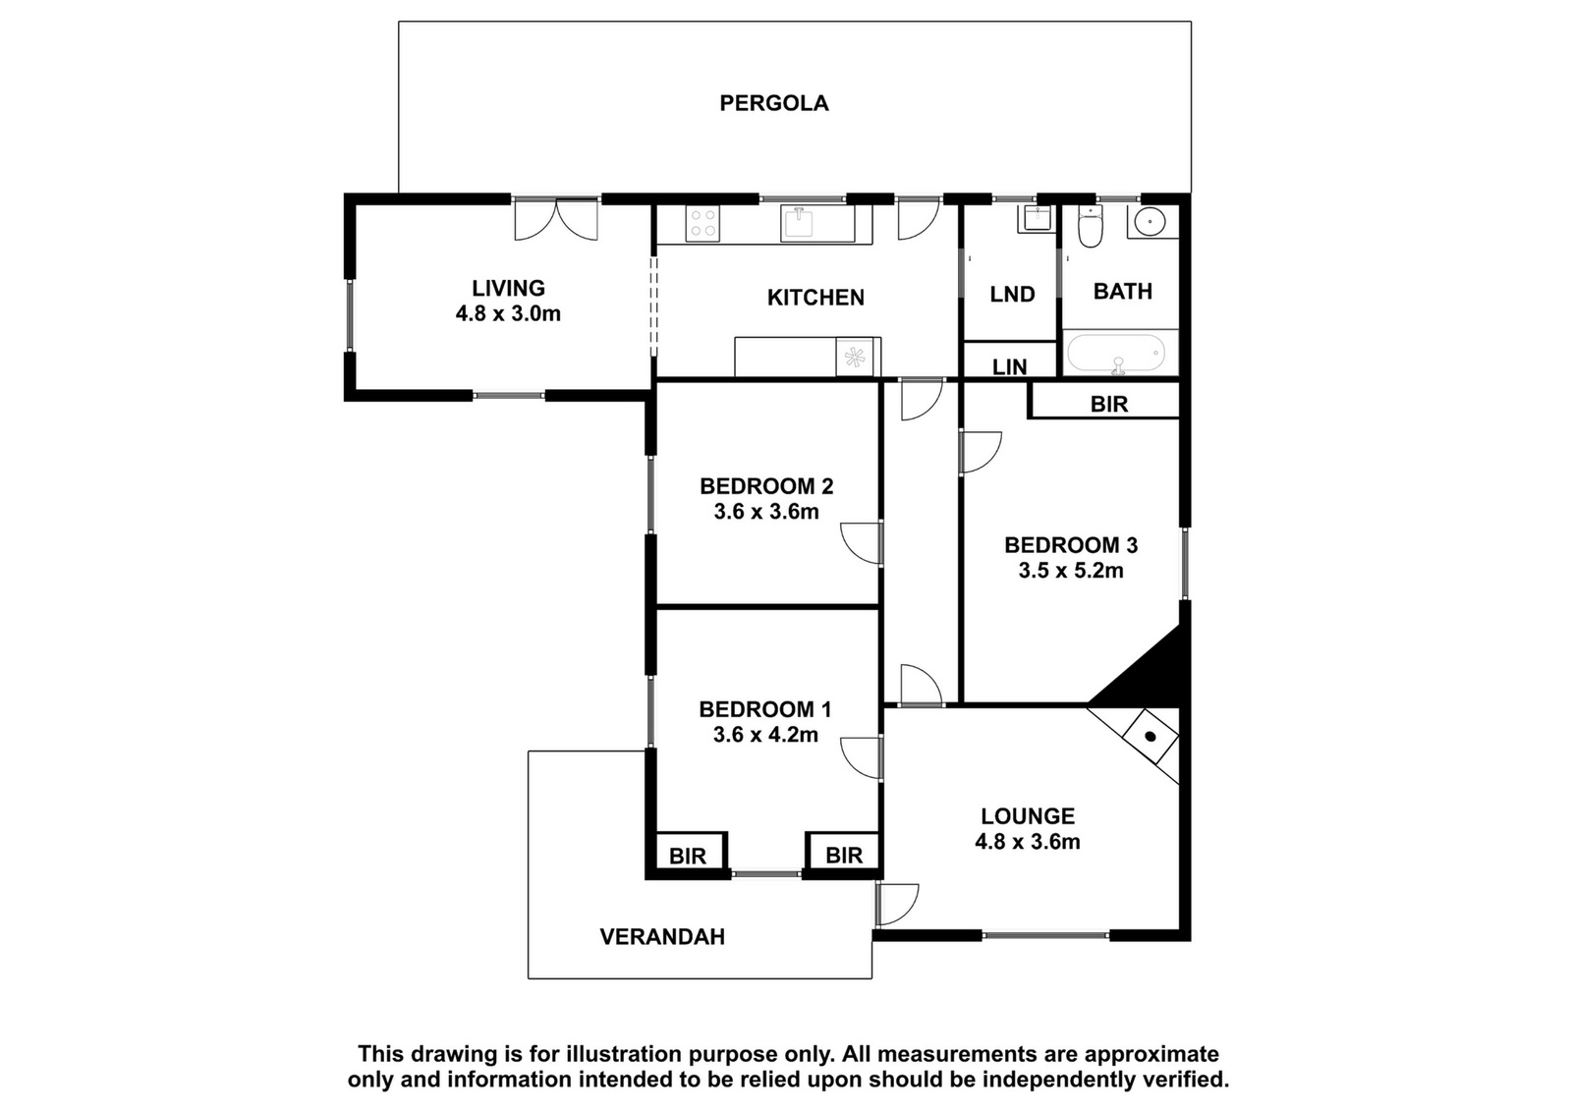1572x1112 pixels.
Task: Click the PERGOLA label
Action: coord(774,103)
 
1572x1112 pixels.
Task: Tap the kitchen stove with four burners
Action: coord(702,224)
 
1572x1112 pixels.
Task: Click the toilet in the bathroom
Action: coord(1090,226)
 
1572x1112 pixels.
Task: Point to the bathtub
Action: coord(1116,353)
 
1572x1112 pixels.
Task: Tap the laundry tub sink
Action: coord(1036,219)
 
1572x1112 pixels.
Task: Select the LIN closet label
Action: coord(1010,366)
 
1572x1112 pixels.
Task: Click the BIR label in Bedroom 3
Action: coord(1109,404)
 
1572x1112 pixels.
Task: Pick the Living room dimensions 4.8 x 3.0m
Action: coord(508,313)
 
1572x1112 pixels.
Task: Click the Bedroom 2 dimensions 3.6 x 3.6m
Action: coord(766,512)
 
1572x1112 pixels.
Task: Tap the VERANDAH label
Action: coord(662,936)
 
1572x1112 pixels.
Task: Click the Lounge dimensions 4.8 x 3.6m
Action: coord(1028,841)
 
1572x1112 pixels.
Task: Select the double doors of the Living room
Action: coord(556,219)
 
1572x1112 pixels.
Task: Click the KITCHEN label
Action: coord(815,298)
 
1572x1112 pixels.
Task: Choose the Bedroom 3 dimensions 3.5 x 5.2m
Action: coord(1071,571)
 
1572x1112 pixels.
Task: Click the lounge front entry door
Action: coord(896,905)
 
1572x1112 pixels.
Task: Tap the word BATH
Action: coord(1123,291)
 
